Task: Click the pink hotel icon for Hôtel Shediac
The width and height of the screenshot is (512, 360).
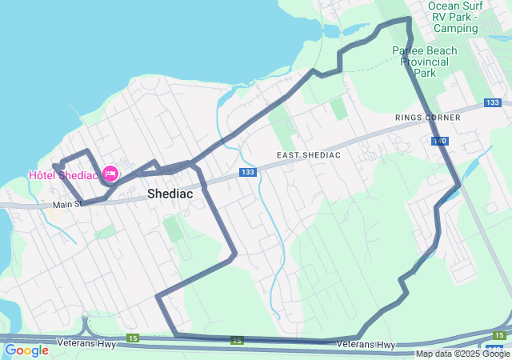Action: point(110,174)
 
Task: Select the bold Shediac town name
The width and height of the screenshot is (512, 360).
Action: point(170,194)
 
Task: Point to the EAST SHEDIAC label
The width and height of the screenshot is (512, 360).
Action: point(309,154)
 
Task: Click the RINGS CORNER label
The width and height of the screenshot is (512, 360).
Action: point(427,118)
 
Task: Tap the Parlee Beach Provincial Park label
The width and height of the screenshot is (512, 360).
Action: point(424,62)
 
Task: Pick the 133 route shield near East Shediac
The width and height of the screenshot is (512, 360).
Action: point(248,173)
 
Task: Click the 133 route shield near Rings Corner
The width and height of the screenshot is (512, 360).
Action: point(493,103)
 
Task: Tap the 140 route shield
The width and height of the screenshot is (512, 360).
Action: point(439,141)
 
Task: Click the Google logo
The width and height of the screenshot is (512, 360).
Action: point(26,350)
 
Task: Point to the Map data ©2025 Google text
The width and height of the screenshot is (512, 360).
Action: point(462,354)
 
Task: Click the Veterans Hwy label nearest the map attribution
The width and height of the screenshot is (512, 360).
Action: point(366,345)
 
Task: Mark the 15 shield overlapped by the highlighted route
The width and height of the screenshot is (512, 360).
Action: point(237,341)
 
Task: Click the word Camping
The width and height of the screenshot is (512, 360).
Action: point(455,28)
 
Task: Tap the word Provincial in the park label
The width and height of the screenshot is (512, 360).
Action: point(424,62)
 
